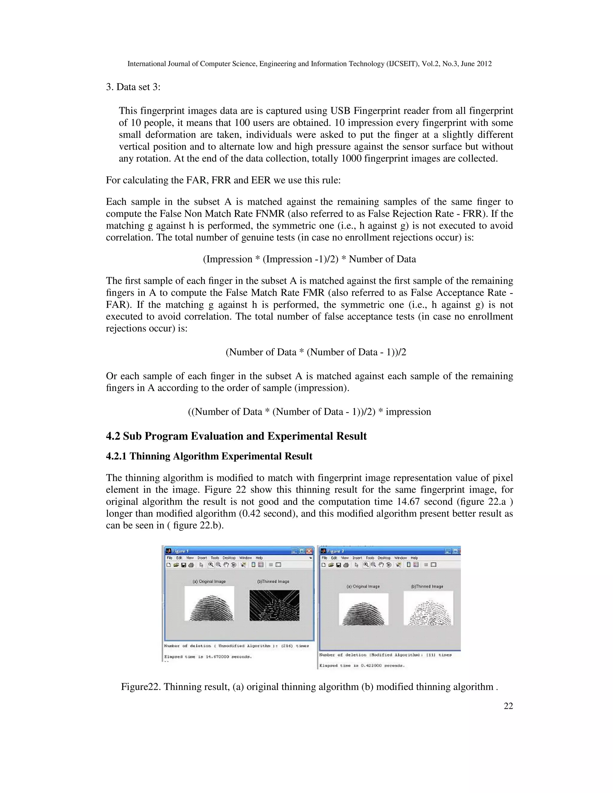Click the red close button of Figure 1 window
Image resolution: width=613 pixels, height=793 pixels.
tap(309, 551)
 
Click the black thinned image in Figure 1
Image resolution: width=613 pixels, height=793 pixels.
tap(274, 605)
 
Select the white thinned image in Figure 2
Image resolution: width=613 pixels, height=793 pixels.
tap(429, 608)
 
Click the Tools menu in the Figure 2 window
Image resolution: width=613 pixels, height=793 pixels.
tap(370, 558)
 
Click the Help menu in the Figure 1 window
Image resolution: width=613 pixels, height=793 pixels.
tap(259, 558)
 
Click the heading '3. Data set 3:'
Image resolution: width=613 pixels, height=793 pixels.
tap(133, 87)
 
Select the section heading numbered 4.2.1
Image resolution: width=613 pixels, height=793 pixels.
tap(209, 456)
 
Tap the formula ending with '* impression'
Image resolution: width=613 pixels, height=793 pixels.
tap(309, 412)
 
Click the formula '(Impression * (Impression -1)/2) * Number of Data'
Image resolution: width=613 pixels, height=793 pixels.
tap(309, 259)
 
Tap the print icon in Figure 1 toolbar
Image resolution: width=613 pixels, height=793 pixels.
tap(191, 565)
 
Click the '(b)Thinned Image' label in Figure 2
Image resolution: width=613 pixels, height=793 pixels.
tap(427, 587)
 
